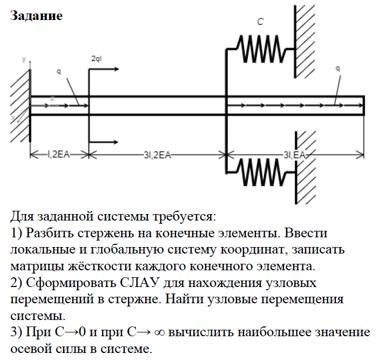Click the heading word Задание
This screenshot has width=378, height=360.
(x=37, y=16)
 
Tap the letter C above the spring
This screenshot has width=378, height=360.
(x=260, y=22)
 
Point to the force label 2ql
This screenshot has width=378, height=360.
(x=97, y=58)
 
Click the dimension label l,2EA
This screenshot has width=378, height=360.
(x=58, y=155)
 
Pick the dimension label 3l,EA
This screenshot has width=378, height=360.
(x=294, y=155)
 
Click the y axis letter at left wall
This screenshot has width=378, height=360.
(x=24, y=58)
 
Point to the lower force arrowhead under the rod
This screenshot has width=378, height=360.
(x=117, y=142)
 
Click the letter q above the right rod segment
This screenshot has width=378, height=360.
(x=337, y=69)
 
